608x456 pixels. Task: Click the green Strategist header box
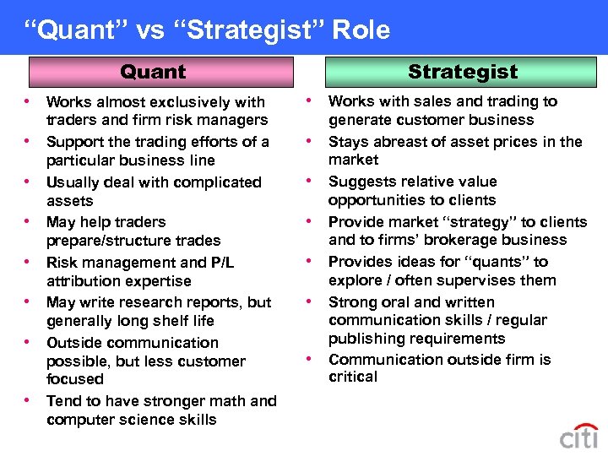click(x=463, y=72)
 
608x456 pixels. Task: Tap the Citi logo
click(x=578, y=437)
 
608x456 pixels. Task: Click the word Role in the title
click(x=361, y=30)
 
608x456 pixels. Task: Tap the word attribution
click(x=86, y=281)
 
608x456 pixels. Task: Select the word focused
click(x=75, y=379)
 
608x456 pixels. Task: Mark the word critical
click(x=353, y=377)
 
